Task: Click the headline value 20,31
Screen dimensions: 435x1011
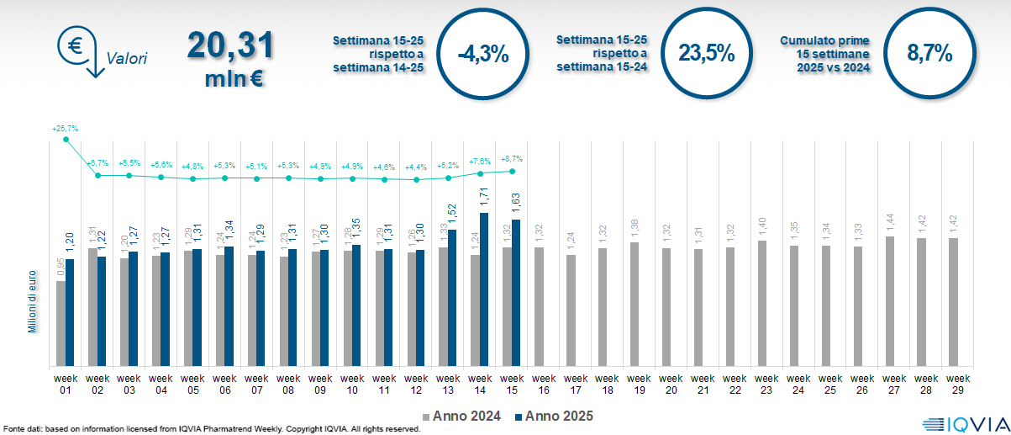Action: [x=230, y=45]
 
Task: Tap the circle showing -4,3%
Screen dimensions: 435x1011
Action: [x=482, y=55]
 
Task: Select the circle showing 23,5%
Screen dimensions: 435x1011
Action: [x=706, y=55]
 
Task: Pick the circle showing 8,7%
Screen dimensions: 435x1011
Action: [x=929, y=55]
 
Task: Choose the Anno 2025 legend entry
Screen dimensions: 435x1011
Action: [x=553, y=416]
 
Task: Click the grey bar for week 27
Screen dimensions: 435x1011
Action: [x=890, y=301]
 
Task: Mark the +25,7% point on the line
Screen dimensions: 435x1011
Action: [x=66, y=139]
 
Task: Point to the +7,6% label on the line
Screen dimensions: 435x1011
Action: [x=479, y=162]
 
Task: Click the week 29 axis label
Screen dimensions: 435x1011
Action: [x=955, y=383]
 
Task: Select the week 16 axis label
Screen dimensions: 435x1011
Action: [x=543, y=383]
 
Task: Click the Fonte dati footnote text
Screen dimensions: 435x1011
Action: [x=210, y=429]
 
